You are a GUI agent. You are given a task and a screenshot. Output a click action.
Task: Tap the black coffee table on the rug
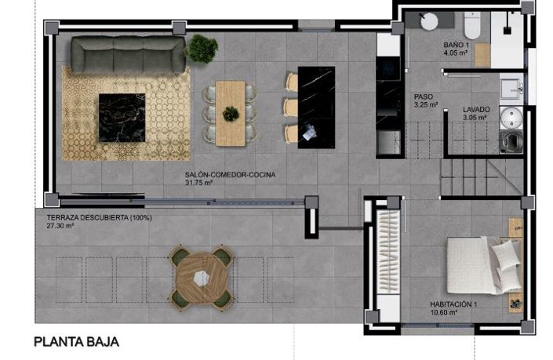click(122, 117)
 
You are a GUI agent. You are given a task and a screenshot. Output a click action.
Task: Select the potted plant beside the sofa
click(202, 49)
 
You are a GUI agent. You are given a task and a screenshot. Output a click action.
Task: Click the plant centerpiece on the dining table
click(231, 114)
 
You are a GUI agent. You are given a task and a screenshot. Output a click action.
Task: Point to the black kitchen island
click(316, 107)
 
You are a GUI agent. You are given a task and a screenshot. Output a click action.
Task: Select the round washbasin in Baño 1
click(430, 21)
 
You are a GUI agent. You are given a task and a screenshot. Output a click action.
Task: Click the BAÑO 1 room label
click(456, 45)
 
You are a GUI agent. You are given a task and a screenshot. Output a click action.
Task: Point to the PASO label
click(424, 96)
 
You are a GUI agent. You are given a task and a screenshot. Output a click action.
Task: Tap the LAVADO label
click(475, 110)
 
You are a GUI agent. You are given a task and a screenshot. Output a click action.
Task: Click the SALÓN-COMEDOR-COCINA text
click(231, 175)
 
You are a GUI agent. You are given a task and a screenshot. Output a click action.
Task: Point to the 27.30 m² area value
click(60, 226)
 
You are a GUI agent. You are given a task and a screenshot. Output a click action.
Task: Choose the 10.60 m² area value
click(443, 312)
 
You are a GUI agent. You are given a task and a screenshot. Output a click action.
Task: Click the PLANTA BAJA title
click(75, 343)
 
